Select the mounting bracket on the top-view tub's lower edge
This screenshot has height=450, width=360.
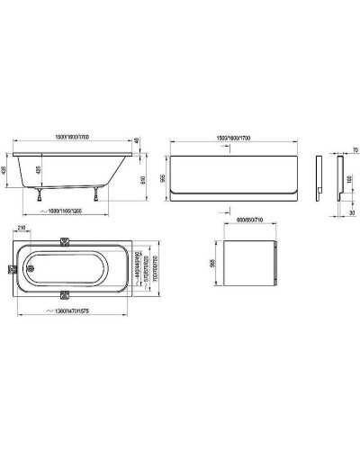(89, 294)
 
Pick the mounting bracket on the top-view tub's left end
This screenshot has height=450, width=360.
(11, 268)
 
